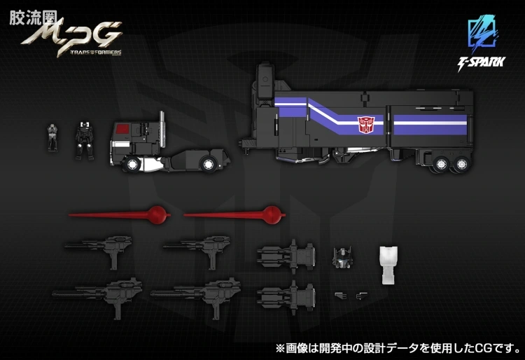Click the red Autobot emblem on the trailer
[365, 125]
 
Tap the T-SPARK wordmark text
[481, 63]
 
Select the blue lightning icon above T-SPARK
[482, 34]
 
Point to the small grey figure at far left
[52, 137]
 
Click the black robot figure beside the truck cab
[85, 141]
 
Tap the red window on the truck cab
[122, 127]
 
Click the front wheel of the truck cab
[132, 165]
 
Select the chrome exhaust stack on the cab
[162, 130]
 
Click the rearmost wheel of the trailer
[461, 165]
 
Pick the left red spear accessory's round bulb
[157, 215]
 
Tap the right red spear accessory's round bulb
[272, 215]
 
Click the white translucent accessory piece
[388, 265]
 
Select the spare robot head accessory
[342, 257]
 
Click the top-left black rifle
[98, 250]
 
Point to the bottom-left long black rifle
[97, 296]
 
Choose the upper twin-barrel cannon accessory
[286, 255]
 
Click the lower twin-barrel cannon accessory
[286, 296]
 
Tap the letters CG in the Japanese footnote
[484, 348]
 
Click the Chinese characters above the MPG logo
[33, 18]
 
